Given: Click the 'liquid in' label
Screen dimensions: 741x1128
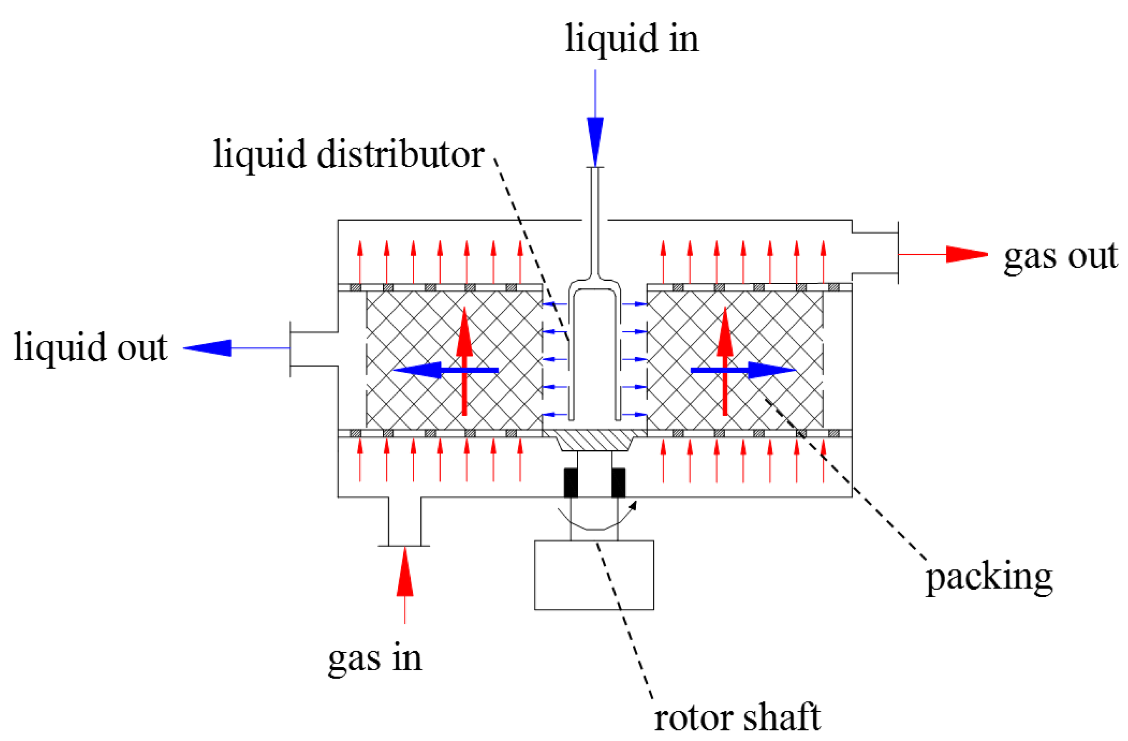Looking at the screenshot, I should click(x=631, y=39).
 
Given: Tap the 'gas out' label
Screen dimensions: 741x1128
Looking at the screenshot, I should click(x=1061, y=256).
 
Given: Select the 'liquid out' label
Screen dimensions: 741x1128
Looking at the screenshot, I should click(x=90, y=347).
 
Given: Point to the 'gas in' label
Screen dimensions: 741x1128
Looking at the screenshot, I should click(x=374, y=659).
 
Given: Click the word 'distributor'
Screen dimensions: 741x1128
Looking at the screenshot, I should click(x=400, y=155).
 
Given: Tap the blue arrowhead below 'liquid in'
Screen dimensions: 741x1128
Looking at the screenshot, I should click(x=595, y=140).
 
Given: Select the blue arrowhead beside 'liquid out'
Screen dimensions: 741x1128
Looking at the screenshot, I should click(x=209, y=348).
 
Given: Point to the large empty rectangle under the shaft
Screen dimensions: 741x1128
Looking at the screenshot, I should click(x=594, y=575).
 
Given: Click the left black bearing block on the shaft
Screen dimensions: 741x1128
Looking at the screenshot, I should click(x=571, y=483).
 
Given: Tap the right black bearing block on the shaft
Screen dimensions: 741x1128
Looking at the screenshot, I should click(x=618, y=483).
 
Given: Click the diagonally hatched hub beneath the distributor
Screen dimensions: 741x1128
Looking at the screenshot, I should click(x=594, y=440).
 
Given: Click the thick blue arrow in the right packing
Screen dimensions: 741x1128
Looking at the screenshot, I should click(x=744, y=370).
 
